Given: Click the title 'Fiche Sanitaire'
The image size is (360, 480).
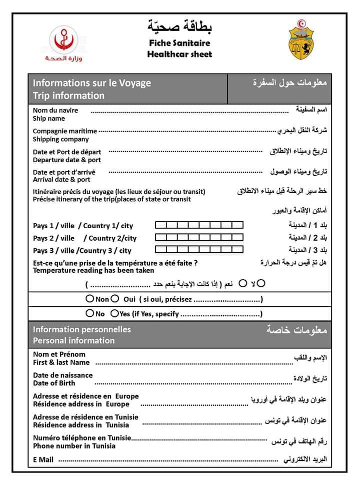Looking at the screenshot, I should pos(179,44).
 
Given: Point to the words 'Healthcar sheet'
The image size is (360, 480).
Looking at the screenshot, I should pos(179,54).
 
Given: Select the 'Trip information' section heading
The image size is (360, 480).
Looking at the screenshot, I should pos(68,96).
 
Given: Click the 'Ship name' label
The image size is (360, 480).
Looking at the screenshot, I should pos(49,119).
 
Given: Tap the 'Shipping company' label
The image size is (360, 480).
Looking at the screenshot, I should pos(60,139).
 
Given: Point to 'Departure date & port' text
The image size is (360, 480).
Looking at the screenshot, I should pos(66,160).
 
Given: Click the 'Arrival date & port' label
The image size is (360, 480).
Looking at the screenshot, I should pos(61,179).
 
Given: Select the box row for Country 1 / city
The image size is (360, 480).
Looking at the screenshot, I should pos(199,225).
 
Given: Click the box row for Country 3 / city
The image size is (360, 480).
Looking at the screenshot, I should pos(199,249).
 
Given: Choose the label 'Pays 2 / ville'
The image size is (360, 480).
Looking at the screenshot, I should pos(53,238).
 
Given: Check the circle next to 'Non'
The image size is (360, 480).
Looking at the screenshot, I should pos(89,299).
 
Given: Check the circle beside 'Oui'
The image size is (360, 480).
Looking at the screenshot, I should pos(114,299).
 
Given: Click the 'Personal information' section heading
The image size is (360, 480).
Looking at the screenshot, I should pos(73,340).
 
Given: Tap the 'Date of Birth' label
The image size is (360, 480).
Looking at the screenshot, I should pos(54,383).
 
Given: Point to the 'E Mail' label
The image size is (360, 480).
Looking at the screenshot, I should pos(43,459).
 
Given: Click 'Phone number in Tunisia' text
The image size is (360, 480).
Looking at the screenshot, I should pos(74,446).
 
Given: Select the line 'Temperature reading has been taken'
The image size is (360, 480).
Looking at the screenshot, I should pos(93,270).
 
